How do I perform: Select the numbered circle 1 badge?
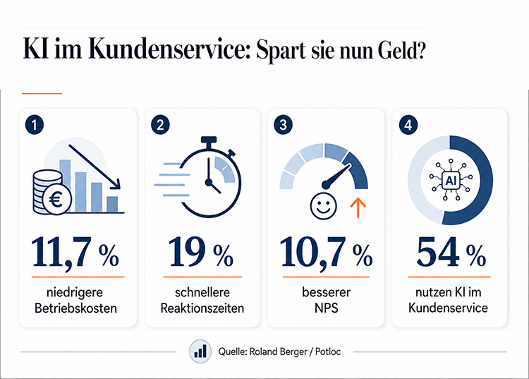pos(34,125)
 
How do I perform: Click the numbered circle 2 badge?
pos(160,125)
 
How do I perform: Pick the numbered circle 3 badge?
pos(283,125)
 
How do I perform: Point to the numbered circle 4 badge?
pos(408,125)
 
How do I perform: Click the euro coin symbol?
pos(56,200)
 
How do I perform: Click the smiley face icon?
pos(323,206)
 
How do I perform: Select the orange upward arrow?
pos(358,207)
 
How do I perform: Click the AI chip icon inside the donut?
pos(451,181)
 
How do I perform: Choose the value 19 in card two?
pos(187,252)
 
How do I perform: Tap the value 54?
pos(438,252)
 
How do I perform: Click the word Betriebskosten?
pos(75,308)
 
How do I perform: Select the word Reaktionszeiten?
pos(202,308)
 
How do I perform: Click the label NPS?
pos(326,308)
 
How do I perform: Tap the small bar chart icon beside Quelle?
pos(200,351)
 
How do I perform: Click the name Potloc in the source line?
pos(328,351)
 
